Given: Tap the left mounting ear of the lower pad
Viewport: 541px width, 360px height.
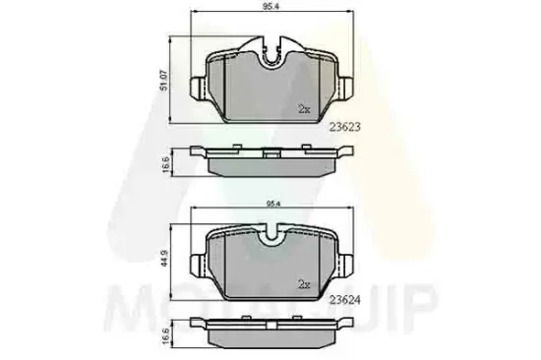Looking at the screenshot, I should coord(201,266).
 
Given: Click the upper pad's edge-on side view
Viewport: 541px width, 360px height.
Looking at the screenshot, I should coord(272,157).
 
